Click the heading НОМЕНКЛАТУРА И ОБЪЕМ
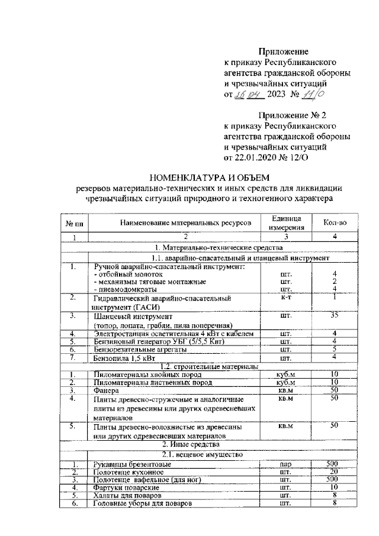(208, 176)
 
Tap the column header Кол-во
(334, 222)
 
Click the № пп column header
(74, 223)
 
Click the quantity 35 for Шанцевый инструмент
(334, 315)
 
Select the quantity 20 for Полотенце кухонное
(334, 472)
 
